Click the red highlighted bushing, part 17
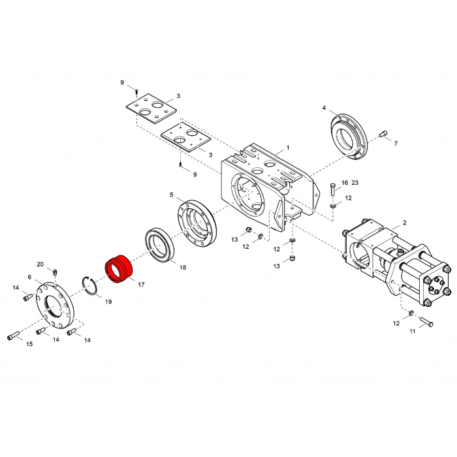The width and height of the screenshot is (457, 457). point(119,269)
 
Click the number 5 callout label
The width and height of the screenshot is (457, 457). point(171,195)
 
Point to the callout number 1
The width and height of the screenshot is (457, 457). point(288,148)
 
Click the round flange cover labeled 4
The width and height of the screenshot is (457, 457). point(349,136)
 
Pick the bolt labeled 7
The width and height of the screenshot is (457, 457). point(383,133)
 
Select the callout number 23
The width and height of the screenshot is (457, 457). point(355,182)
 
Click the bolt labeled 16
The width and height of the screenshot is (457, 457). point(333,190)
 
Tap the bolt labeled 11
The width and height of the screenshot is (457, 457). point(426,321)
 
